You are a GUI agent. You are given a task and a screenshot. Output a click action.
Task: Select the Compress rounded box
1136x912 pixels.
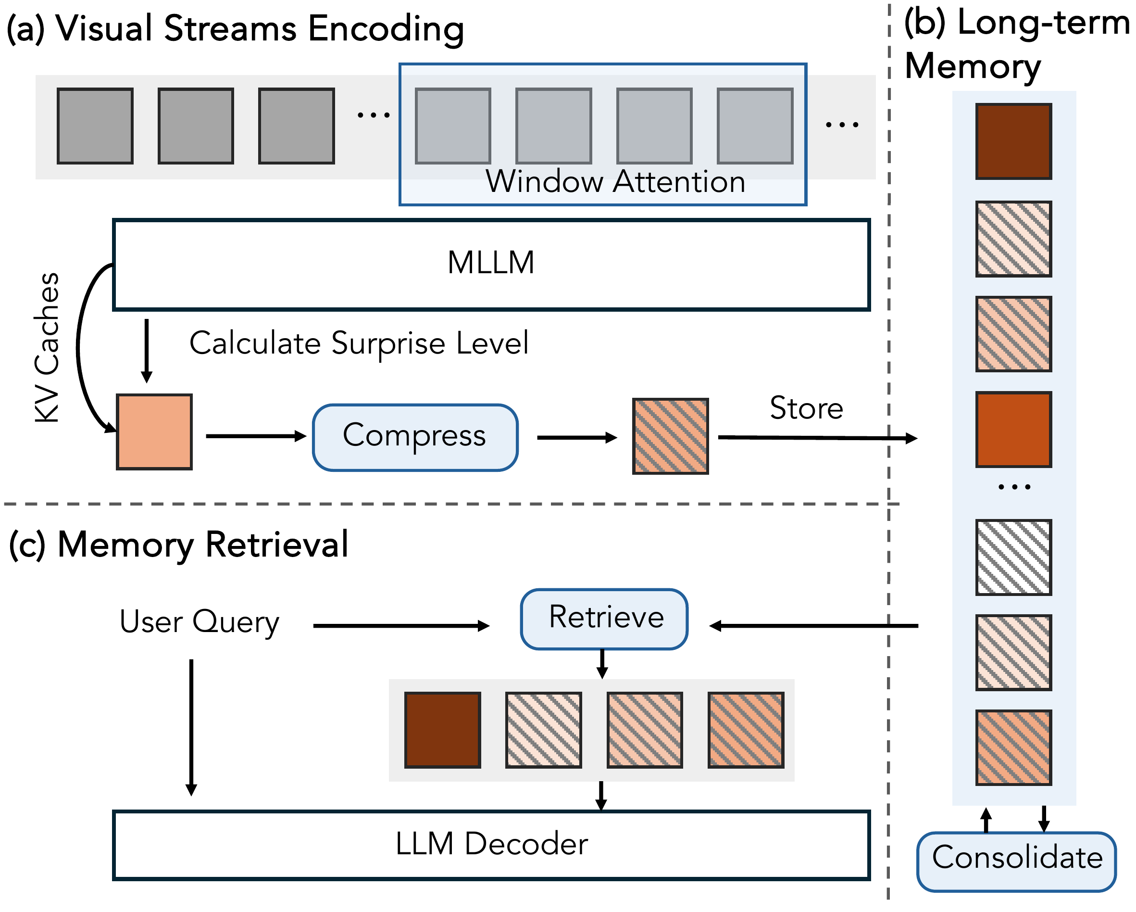tap(415, 437)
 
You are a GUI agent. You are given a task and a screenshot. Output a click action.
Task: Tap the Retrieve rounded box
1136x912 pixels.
tap(604, 619)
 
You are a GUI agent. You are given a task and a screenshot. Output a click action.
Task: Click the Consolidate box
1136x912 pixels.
tap(1016, 861)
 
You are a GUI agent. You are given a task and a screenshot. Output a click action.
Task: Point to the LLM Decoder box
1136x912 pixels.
tap(490, 845)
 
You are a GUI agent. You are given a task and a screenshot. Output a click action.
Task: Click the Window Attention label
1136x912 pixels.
tap(615, 182)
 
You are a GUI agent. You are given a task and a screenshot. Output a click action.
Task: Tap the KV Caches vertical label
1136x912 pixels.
tap(46, 348)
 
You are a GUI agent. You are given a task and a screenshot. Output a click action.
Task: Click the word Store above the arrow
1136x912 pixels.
tap(806, 408)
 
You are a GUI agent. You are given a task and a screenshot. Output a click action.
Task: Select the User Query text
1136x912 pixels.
tap(199, 622)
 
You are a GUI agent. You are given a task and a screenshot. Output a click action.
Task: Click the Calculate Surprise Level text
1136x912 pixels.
tap(358, 343)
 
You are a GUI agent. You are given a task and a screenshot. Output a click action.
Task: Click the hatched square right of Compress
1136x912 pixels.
tap(670, 436)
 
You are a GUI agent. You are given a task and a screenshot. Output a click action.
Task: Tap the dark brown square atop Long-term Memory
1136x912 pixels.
tap(1013, 141)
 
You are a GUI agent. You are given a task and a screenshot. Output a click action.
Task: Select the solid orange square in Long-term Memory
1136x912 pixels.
tap(1013, 429)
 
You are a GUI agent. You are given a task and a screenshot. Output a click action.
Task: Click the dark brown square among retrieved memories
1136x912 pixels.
tap(443, 730)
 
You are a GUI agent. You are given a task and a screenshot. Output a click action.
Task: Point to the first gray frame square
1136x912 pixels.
tap(95, 126)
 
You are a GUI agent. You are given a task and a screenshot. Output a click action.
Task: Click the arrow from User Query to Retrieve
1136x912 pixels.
tap(400, 626)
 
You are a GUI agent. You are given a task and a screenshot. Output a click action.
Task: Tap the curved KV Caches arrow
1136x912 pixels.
tap(79, 348)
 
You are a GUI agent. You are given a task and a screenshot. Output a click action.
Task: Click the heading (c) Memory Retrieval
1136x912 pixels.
tap(179, 544)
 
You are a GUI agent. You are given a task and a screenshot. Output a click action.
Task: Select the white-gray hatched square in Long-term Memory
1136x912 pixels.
tap(1013, 557)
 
